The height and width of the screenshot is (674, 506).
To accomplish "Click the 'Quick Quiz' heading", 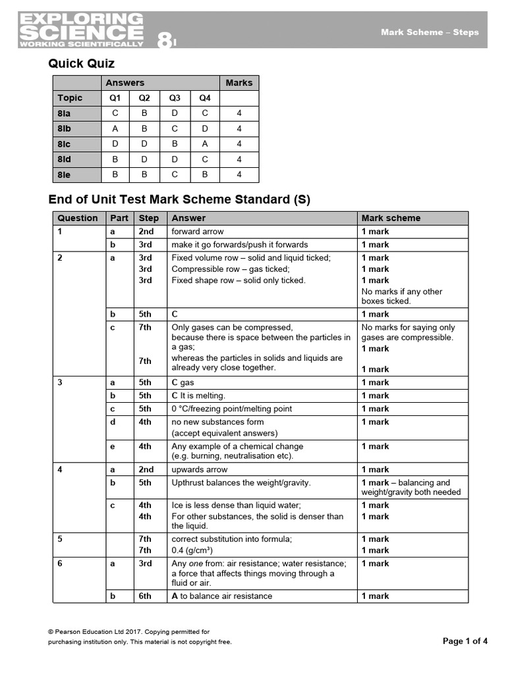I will pos(81,64).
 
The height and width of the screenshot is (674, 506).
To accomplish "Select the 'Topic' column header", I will pos(70,98).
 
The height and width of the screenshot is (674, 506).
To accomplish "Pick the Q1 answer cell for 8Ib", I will pos(115,128).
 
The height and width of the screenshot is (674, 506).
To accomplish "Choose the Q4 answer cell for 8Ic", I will pos(205,143).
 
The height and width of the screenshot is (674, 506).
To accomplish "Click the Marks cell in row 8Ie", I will pos(239,174).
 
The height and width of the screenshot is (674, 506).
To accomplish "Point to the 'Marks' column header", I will pos(239,82).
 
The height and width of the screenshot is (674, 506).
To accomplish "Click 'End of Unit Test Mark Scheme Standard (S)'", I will pos(179,199).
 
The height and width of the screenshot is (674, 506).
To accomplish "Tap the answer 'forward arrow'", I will pos(198,232).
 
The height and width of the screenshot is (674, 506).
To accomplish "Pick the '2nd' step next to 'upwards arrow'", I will pos(146,469).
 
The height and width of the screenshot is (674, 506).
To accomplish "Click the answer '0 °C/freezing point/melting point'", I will pos(231,409).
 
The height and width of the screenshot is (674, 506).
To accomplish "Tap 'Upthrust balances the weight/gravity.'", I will pos(241,482).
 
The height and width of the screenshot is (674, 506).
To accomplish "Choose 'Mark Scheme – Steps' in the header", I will pos(430,32).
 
